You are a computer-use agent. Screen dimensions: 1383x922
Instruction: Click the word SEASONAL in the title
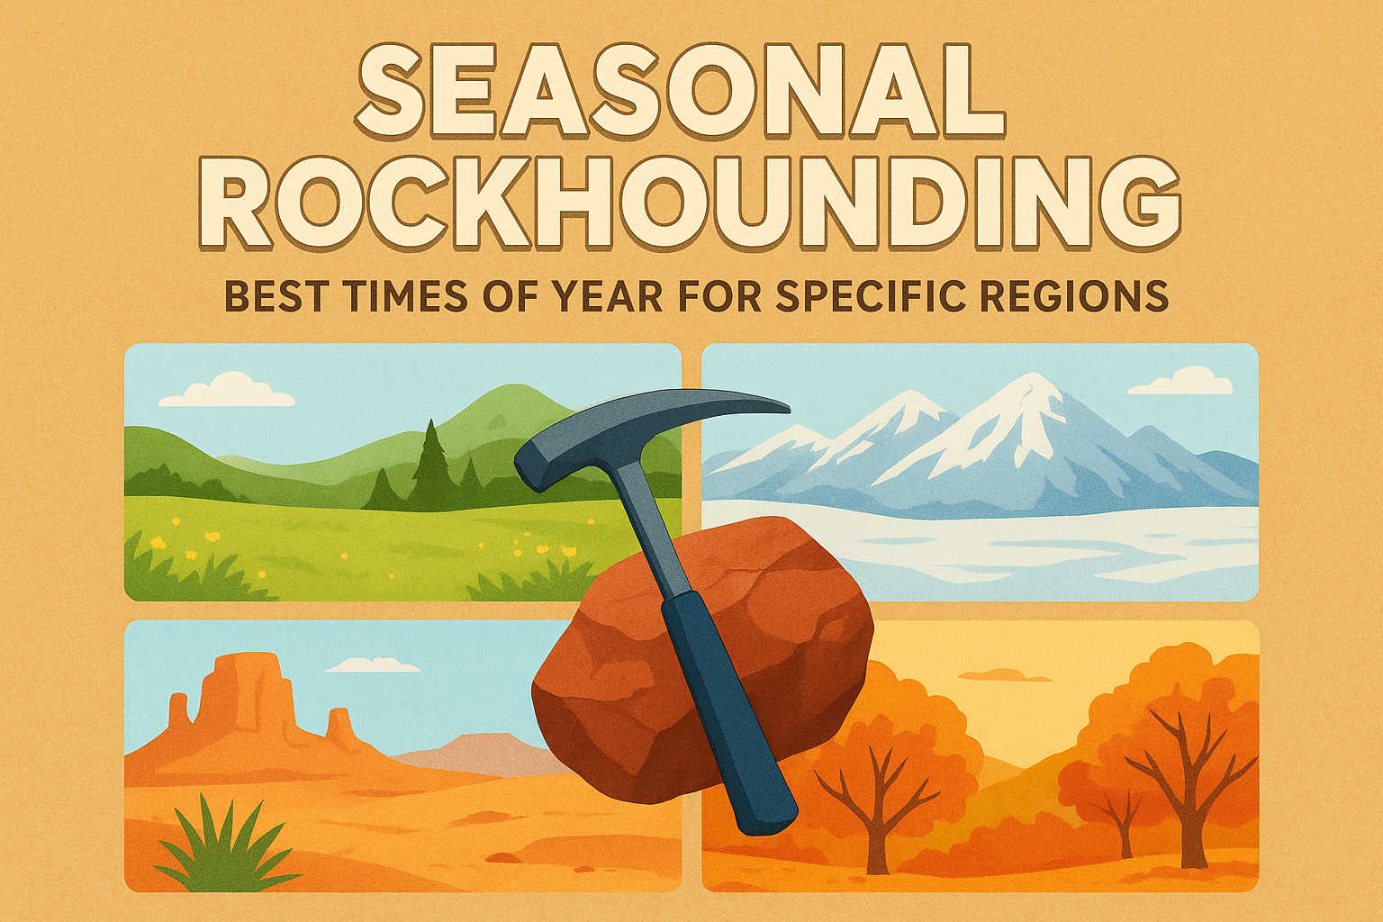coord(681,92)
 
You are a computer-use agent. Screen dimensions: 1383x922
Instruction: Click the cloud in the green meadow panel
coord(226,390)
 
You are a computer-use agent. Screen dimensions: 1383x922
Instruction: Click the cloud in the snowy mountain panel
coord(1180,381)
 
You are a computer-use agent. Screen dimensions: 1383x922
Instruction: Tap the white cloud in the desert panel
coord(372,665)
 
